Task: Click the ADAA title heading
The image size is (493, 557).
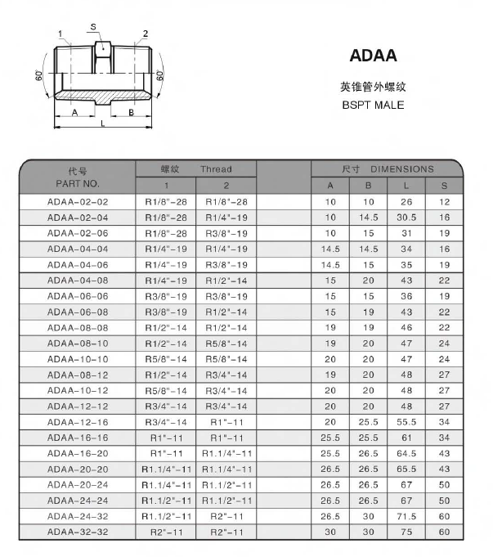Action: click(373, 56)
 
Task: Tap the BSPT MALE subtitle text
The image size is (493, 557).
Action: click(373, 105)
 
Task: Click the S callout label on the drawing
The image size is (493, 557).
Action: click(94, 27)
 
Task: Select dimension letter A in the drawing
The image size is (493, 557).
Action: click(74, 112)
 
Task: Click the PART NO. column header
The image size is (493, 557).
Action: click(78, 184)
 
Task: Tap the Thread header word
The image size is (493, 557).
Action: click(217, 169)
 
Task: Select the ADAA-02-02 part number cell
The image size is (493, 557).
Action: click(78, 201)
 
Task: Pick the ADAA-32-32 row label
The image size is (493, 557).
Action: click(78, 532)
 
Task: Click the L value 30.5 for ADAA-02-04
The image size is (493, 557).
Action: click(407, 217)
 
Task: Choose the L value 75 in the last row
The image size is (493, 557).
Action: click(407, 532)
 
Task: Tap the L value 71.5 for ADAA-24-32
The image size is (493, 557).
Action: click(407, 516)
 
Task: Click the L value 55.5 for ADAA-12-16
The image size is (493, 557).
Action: click(407, 421)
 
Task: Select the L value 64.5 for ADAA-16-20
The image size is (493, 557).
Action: click(407, 453)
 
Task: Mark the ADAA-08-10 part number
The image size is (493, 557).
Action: click(78, 343)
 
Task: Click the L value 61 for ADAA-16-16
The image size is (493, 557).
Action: click(407, 438)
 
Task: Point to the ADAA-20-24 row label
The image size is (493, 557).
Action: click(78, 484)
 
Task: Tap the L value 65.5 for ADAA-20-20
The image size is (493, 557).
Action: click(407, 469)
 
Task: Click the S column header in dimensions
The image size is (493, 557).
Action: click(445, 186)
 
